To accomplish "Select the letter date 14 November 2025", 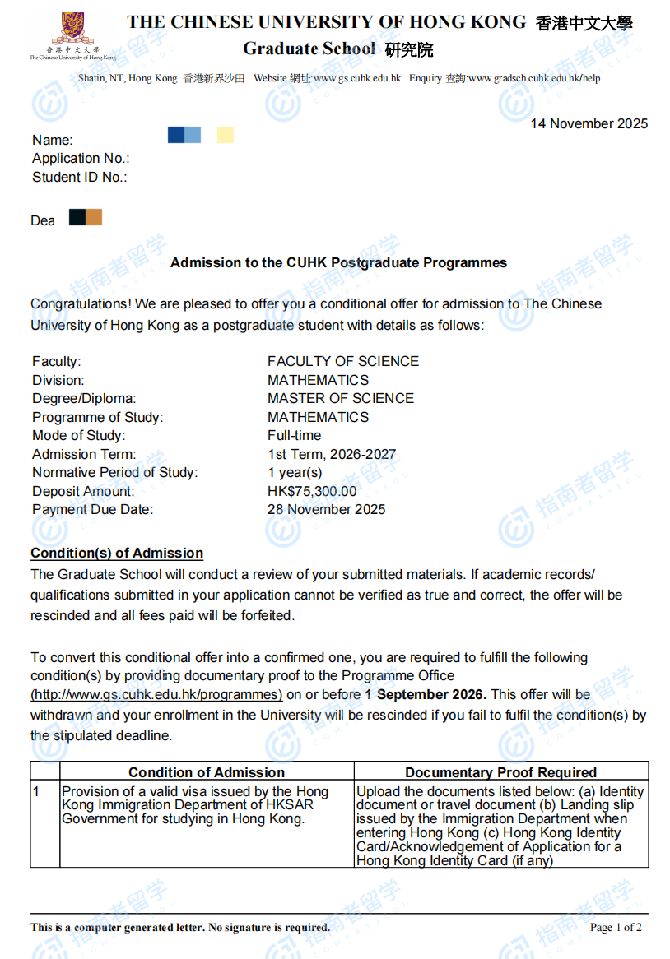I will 589,124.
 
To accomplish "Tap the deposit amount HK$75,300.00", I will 312,492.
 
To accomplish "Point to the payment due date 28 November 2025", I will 326,510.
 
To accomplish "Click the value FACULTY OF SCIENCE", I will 342,362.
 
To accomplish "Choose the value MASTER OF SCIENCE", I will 340,399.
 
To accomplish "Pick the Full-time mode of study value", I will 294,436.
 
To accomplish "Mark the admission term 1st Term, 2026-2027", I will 331,455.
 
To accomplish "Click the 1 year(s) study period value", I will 295,473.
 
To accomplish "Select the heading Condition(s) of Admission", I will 117,554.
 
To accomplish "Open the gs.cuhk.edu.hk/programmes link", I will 156,695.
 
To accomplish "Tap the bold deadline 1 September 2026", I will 426,695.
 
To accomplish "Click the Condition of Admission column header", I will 207,772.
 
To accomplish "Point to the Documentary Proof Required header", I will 500,772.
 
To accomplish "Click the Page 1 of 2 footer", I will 616,928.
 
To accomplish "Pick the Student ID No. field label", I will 79,178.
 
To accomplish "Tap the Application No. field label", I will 81,159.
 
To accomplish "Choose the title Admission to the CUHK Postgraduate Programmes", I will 338,263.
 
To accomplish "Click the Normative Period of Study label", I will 114,473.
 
